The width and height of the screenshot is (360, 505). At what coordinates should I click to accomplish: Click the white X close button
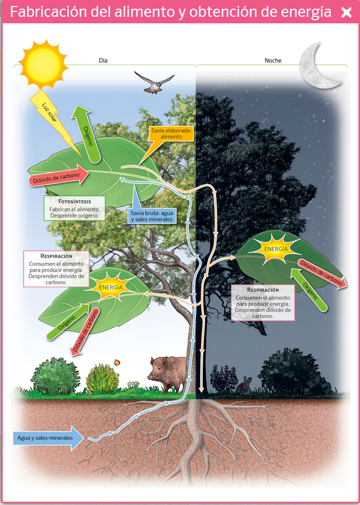pos(346,12)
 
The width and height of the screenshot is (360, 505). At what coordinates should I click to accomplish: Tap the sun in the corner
pos(43,63)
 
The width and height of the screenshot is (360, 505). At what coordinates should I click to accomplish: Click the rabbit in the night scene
pos(245,385)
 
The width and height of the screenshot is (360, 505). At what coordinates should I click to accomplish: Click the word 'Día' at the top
pos(103,61)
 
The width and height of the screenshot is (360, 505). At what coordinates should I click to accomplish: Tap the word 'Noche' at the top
pos(273,61)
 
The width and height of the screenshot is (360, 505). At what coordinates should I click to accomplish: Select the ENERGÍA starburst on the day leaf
pos(111,286)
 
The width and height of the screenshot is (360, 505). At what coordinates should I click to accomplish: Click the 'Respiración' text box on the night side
pos(262,301)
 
